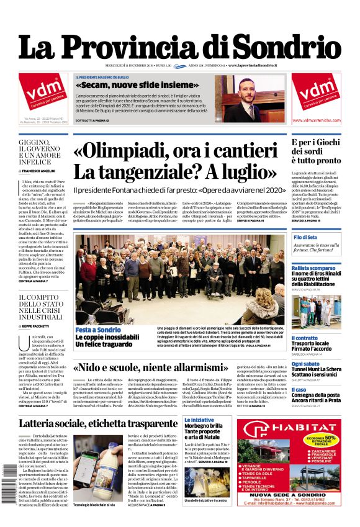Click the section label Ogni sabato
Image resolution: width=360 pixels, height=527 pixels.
click(x=305, y=364)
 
